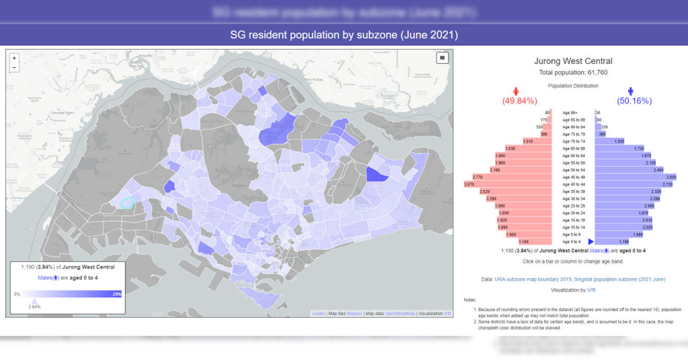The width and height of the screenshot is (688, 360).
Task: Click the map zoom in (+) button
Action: (x=14, y=58)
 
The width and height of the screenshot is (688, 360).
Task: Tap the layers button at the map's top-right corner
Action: (x=443, y=58)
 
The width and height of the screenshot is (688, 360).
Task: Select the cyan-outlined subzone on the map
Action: (x=127, y=202)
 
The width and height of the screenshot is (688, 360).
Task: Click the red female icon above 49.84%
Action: (x=516, y=91)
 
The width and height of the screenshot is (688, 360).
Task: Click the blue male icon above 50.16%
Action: (x=631, y=91)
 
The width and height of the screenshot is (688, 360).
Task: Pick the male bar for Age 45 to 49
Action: (x=636, y=177)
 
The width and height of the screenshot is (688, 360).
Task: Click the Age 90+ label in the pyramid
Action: (x=570, y=113)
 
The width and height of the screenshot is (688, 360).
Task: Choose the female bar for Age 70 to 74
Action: (x=537, y=142)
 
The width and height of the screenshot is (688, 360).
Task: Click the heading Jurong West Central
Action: (x=573, y=61)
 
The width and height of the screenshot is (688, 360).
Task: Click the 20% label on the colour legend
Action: (x=116, y=294)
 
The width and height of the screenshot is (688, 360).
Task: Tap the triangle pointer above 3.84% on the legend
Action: (x=34, y=301)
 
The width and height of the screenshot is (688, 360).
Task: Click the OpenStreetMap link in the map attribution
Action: (x=400, y=314)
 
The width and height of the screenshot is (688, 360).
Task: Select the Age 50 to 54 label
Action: (x=573, y=170)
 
